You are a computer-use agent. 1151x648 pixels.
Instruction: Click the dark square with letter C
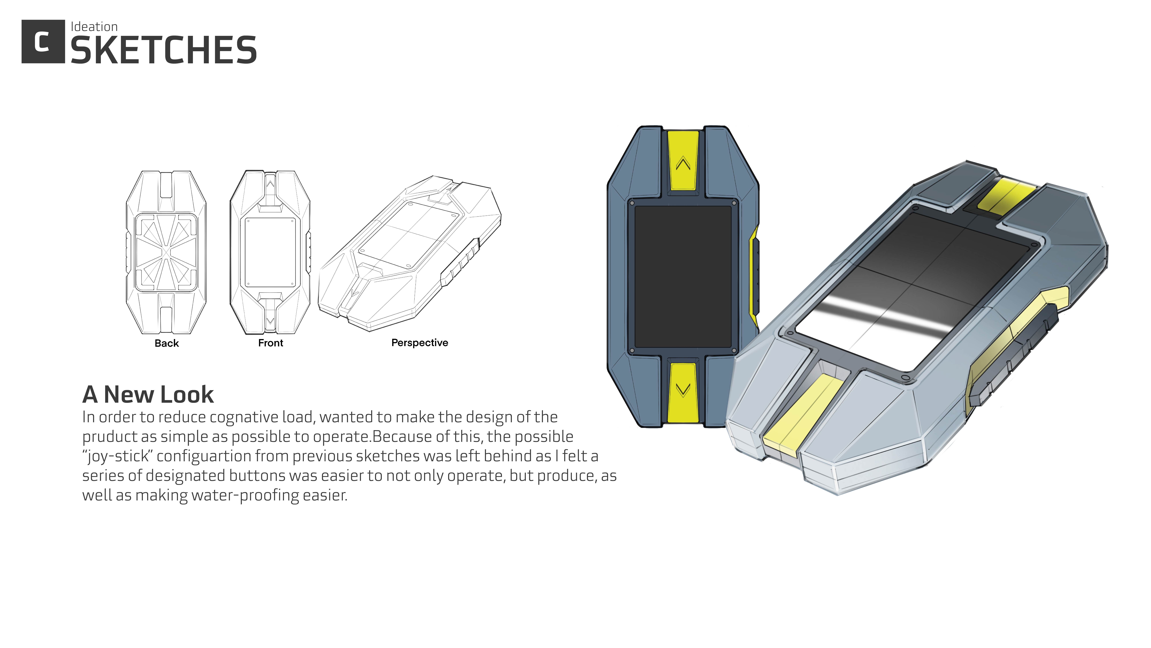pyautogui.click(x=43, y=42)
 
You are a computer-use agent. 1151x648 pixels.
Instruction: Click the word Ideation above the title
pyautogui.click(x=94, y=27)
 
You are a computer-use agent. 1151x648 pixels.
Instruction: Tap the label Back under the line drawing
pyautogui.click(x=167, y=343)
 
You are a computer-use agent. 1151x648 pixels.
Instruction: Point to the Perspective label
pyautogui.click(x=420, y=342)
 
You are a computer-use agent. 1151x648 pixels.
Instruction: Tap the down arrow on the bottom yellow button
pyautogui.click(x=683, y=390)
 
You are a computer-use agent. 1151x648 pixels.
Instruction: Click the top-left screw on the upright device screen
pyautogui.click(x=632, y=203)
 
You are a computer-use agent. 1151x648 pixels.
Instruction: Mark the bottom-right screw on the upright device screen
pyautogui.click(x=734, y=351)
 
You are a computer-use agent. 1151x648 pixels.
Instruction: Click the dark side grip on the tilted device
pyautogui.click(x=1014, y=353)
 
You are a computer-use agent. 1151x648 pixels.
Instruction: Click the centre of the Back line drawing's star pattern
pyautogui.click(x=166, y=253)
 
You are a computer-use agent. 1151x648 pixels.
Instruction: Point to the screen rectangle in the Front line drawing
pyautogui.click(x=270, y=253)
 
